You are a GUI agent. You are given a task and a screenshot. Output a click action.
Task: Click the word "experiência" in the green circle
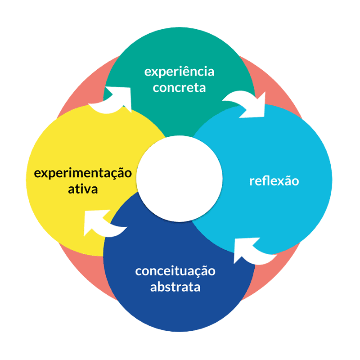(x=179, y=72)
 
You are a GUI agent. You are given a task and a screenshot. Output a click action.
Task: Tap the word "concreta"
(x=179, y=87)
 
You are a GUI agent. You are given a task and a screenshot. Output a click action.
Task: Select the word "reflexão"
(x=274, y=181)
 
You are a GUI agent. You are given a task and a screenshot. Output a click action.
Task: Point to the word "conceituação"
(x=175, y=271)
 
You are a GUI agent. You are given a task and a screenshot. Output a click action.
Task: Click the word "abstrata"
(x=175, y=287)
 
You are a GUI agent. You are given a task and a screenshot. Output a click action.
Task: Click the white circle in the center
(x=180, y=179)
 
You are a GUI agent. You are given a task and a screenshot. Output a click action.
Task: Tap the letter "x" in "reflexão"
(x=279, y=182)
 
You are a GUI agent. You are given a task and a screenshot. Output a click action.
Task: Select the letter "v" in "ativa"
(x=88, y=189)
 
